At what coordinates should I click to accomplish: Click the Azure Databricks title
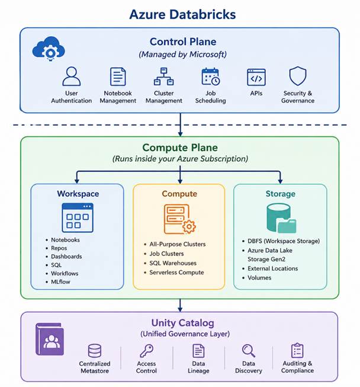182,14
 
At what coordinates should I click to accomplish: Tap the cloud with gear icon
49,49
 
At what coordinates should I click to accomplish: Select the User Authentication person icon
72,76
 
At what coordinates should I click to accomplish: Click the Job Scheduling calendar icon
211,76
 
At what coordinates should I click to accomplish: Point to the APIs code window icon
256,77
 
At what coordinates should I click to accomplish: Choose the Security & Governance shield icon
298,76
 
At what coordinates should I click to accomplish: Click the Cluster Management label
164,97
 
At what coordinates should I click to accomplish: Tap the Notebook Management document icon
118,76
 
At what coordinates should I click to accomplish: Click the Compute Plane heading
180,148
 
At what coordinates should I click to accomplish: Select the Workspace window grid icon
78,218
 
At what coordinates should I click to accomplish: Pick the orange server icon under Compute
179,219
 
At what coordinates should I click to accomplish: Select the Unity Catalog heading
183,323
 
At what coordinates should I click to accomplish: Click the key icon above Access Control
146,351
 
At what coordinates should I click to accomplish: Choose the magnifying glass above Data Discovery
248,351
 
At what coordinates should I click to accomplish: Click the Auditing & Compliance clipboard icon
297,350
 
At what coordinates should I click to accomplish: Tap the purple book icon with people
50,339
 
